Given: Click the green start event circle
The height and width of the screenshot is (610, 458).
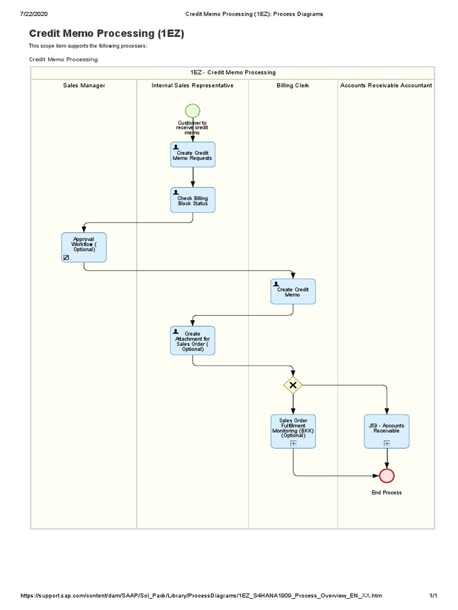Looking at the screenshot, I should click(193, 111).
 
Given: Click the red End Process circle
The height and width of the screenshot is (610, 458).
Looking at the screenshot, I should click(387, 475).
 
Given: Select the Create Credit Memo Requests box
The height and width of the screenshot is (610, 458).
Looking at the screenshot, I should click(193, 155).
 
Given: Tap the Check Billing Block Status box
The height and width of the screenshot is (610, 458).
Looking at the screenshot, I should click(193, 200).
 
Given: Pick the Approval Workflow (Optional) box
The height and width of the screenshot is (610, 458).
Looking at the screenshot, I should click(84, 247).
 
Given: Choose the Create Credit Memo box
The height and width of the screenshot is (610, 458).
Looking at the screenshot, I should click(293, 292).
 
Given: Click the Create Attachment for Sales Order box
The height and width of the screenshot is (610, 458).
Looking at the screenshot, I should click(193, 341).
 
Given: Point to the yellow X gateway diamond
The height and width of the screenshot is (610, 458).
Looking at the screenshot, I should click(293, 385).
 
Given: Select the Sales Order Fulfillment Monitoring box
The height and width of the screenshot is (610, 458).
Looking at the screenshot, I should click(293, 431).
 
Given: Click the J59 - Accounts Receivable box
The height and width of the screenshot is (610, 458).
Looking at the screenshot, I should click(387, 431).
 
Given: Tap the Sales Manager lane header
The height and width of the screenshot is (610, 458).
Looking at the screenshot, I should click(84, 86).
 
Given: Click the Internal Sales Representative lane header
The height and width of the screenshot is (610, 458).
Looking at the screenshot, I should click(193, 86).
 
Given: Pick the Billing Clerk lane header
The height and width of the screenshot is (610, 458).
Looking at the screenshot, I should click(293, 86).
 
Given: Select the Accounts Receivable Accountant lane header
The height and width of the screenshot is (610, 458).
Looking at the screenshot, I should click(386, 86).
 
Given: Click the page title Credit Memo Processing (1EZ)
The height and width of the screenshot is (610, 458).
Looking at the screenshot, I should click(107, 34).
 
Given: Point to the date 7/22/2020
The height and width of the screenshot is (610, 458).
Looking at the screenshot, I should click(34, 14).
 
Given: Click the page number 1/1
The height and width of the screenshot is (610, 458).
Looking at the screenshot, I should click(434, 596).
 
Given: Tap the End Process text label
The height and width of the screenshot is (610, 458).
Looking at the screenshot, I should click(387, 493).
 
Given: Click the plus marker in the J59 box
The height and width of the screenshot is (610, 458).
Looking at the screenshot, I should click(387, 443).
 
